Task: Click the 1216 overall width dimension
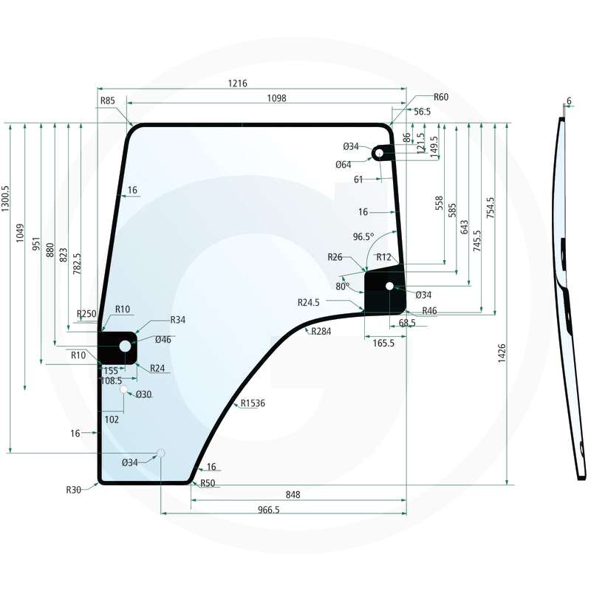tap(237, 83)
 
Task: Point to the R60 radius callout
tap(441, 97)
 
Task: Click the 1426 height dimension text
tap(502, 352)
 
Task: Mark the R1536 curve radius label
tap(253, 403)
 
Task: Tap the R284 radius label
tap(321, 332)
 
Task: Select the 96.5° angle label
tap(363, 236)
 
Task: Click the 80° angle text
tap(342, 286)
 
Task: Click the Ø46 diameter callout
tap(163, 340)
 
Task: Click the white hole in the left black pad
tap(124, 346)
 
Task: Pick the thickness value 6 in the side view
tap(569, 100)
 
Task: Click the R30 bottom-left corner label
tap(73, 489)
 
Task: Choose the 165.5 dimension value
tap(383, 343)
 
